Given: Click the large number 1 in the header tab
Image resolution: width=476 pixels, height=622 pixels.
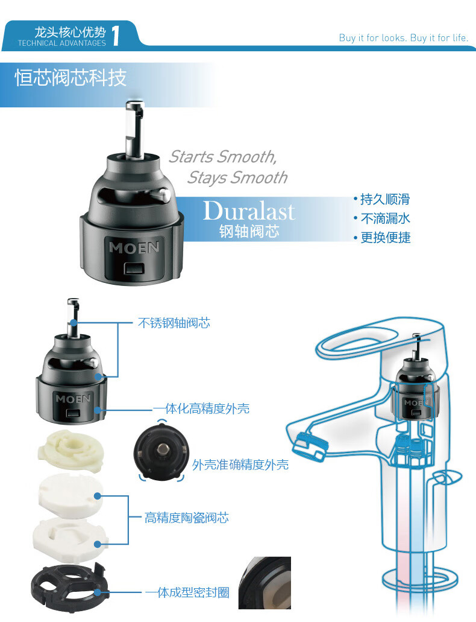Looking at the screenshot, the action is (x=116, y=36).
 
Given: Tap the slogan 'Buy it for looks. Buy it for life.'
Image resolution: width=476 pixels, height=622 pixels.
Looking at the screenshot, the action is (x=404, y=37).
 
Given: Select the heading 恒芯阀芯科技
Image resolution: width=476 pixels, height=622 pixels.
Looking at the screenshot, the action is (x=70, y=77).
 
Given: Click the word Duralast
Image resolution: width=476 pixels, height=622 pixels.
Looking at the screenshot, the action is (x=249, y=211).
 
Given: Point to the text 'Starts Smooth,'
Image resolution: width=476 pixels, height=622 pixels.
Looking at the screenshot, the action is (x=223, y=157).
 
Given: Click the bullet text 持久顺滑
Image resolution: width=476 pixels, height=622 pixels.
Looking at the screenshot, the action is (x=385, y=199).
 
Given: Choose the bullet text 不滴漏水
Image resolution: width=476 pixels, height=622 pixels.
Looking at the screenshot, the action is (x=385, y=218).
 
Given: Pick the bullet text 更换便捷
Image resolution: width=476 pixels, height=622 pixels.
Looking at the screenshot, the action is (x=385, y=237).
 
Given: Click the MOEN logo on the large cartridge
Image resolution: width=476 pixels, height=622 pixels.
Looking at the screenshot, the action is (x=134, y=247).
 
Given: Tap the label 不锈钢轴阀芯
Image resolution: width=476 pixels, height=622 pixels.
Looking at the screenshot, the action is (x=174, y=323).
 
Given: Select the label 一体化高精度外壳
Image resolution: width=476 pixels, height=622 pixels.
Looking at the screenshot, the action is (x=201, y=408).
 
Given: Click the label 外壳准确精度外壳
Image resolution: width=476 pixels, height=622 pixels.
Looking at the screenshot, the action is (x=240, y=465).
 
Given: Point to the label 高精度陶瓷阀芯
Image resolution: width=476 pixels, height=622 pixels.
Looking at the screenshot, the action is (x=187, y=518).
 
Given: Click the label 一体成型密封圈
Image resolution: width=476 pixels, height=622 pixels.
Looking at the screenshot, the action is (x=187, y=592).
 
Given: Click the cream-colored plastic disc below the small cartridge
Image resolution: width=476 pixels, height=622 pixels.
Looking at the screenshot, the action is (x=70, y=452).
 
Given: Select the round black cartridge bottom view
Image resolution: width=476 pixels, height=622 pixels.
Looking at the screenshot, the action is (x=161, y=452).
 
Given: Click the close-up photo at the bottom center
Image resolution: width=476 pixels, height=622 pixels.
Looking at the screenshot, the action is (x=265, y=583).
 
